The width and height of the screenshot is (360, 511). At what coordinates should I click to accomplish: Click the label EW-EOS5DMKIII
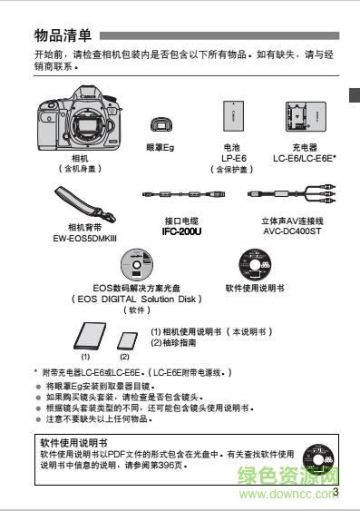click(85, 237)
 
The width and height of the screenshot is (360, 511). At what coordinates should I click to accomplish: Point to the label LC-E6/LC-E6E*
click(304, 157)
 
